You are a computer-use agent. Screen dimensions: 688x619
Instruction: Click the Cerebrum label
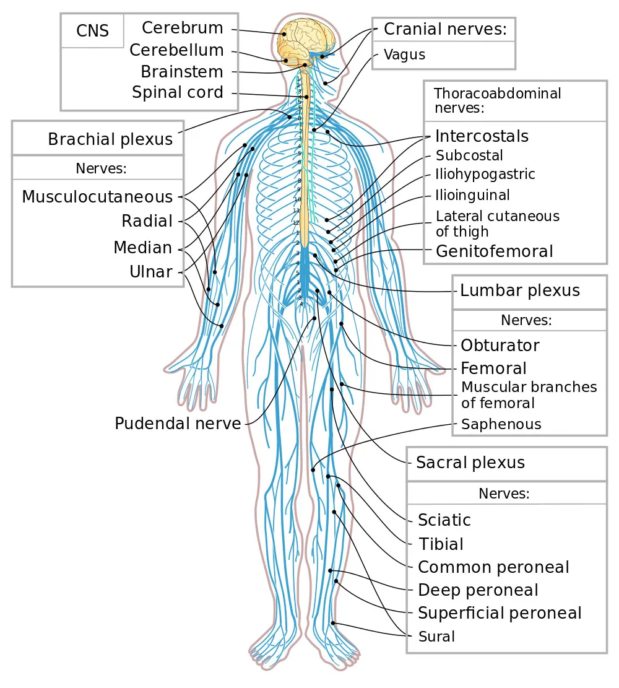point(182,28)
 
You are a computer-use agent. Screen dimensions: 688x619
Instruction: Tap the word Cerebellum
point(176,50)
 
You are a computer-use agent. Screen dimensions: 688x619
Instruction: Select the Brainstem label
point(181,71)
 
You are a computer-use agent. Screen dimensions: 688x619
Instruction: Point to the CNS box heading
point(92,31)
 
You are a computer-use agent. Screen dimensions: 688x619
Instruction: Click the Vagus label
point(404,54)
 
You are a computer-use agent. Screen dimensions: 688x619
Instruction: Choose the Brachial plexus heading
point(110,139)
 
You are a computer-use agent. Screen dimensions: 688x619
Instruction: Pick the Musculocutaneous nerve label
point(97,197)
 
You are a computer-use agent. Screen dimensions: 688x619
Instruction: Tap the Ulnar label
point(150,271)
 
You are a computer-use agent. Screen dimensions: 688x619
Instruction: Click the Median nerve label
point(142,248)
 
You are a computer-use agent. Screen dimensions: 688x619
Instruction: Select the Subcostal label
point(469,155)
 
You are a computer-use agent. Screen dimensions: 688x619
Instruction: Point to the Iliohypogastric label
point(485,174)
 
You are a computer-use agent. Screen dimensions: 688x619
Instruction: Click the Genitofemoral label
point(494,251)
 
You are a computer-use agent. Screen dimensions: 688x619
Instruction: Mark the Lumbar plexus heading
point(520,290)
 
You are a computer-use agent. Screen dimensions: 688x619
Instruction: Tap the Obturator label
point(500,346)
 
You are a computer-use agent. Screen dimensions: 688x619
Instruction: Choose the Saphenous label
point(501,424)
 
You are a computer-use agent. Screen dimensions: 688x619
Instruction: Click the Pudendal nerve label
point(178,424)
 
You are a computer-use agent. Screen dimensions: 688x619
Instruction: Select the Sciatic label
point(444,520)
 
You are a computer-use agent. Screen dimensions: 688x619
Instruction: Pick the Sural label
point(436,636)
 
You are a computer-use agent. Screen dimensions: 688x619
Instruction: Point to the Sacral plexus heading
point(470,463)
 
